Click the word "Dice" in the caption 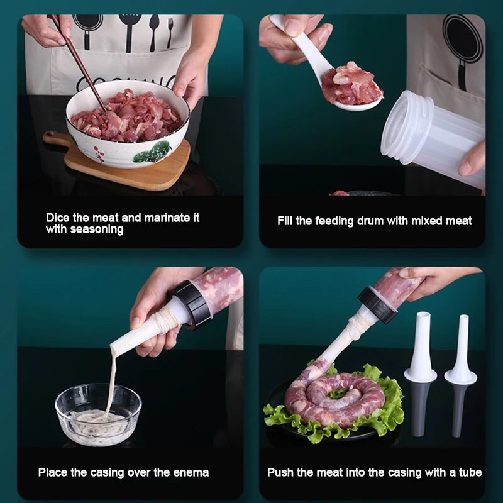click(x=58, y=218)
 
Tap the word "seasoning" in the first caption click(x=97, y=229)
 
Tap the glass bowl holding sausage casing click(x=98, y=414)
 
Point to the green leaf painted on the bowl click(x=153, y=152)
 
